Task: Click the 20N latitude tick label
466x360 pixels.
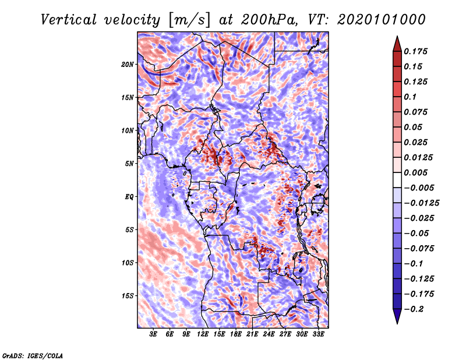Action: (128, 64)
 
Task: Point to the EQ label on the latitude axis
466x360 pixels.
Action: (129, 197)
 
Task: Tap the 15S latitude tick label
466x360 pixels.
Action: (128, 296)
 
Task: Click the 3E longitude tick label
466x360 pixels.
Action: (153, 335)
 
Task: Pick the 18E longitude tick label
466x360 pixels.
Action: (236, 335)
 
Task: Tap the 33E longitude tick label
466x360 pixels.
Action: (319, 335)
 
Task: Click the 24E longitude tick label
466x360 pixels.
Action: (269, 335)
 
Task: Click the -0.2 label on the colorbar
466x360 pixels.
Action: (415, 309)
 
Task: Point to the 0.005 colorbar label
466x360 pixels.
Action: (417, 172)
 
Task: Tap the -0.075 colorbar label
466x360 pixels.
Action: (419, 248)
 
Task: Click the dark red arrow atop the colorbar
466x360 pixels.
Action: (396, 43)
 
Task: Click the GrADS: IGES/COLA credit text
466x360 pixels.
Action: (33, 354)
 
